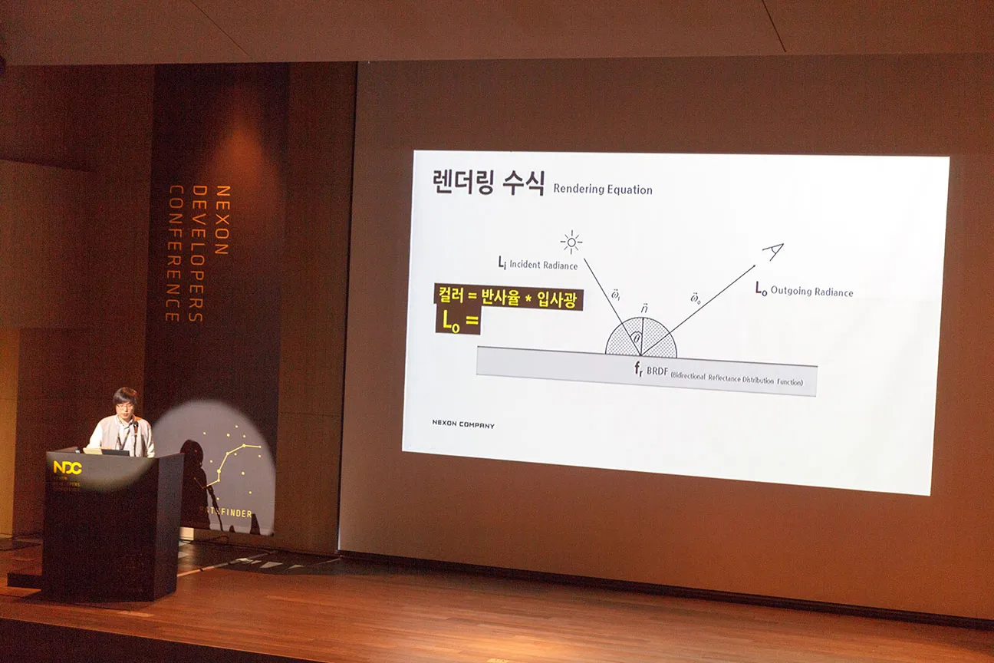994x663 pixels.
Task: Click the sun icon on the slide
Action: [x=571, y=243]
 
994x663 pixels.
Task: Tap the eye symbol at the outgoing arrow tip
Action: [x=773, y=252]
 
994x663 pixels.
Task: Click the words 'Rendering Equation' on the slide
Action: [x=603, y=190]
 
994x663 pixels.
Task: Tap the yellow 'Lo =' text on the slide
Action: [x=458, y=322]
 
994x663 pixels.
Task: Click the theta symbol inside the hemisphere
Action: [x=637, y=337]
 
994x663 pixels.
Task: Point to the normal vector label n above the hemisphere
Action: [x=644, y=308]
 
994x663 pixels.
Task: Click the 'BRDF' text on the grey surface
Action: [x=657, y=371]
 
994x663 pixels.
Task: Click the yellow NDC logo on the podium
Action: [x=67, y=467]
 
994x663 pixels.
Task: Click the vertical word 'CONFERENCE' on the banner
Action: [x=173, y=253]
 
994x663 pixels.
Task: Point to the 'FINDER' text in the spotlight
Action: [x=235, y=513]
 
